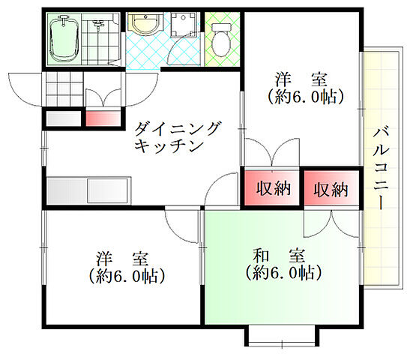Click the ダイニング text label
(178, 129)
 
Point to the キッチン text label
(169, 147)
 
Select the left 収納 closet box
(269, 188)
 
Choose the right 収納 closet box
(331, 188)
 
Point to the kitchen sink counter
(88, 190)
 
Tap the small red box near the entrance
(103, 118)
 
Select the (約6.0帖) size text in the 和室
(279, 273)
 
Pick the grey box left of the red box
(62, 118)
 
